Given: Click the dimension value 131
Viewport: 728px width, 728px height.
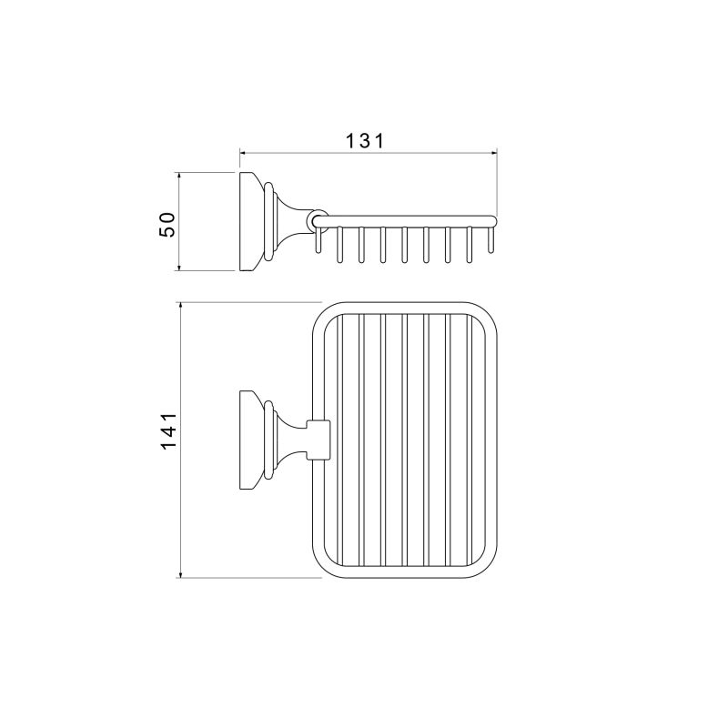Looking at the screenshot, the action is click(x=366, y=140).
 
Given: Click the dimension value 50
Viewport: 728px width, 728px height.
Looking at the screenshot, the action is click(x=167, y=225).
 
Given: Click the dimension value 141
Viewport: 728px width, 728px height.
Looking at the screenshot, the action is click(x=168, y=430).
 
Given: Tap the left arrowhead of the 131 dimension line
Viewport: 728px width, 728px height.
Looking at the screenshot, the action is click(x=243, y=152).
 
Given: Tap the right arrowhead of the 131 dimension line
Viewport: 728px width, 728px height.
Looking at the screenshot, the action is click(x=493, y=152).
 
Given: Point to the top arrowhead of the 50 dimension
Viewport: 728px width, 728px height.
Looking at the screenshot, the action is click(x=178, y=177).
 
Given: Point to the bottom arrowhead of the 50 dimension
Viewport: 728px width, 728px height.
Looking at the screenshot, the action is click(x=178, y=267).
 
